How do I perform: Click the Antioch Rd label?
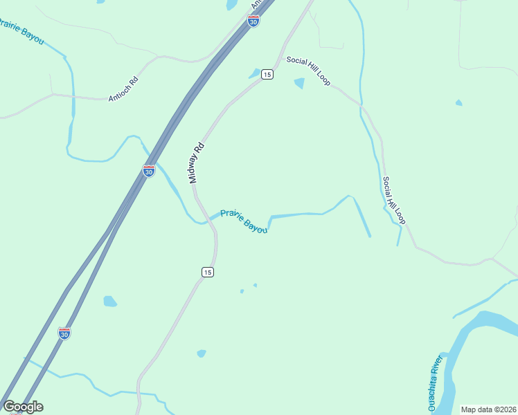click(x=123, y=89)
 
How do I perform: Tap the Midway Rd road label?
click(x=197, y=163)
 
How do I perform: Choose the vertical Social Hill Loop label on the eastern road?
click(x=393, y=201)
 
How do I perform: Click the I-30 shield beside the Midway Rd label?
click(x=149, y=171)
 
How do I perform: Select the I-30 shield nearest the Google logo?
click(x=64, y=333)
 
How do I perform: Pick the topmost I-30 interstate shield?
click(x=253, y=21)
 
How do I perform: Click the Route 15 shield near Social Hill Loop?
click(x=267, y=74)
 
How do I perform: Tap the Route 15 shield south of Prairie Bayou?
click(x=207, y=273)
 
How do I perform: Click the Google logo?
click(x=23, y=407)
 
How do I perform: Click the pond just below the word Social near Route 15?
click(x=299, y=84)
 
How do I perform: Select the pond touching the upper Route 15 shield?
click(x=255, y=73)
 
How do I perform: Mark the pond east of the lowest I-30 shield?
click(x=109, y=301)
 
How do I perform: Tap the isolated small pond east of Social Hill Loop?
click(x=458, y=103)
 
